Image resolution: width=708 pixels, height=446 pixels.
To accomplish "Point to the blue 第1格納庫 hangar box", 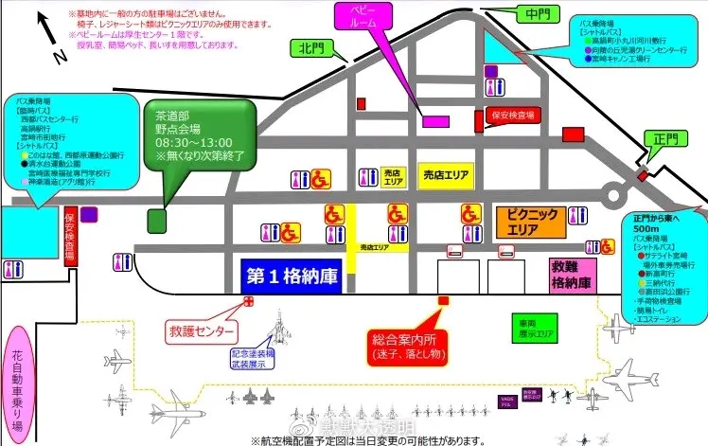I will click(x=292, y=277).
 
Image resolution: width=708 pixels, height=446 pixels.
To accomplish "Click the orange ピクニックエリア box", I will click(x=530, y=223).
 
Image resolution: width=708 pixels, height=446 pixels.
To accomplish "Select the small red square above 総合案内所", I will click(x=442, y=300).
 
